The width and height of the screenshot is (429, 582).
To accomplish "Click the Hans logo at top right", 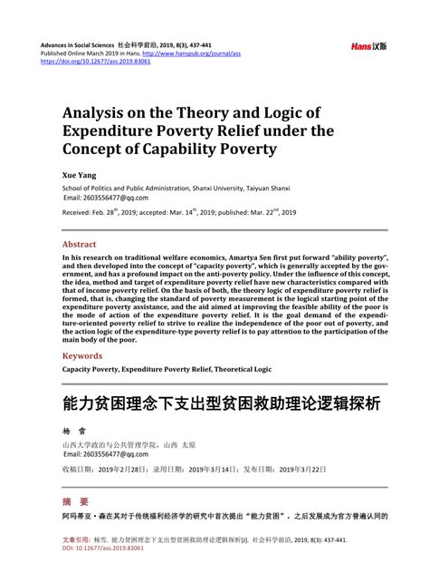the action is (x=368, y=45).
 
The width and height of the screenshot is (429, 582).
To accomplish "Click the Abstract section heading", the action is (x=79, y=245).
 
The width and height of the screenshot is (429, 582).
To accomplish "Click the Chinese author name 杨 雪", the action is (x=71, y=433).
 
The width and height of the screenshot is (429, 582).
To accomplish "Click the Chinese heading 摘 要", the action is (x=75, y=501).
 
